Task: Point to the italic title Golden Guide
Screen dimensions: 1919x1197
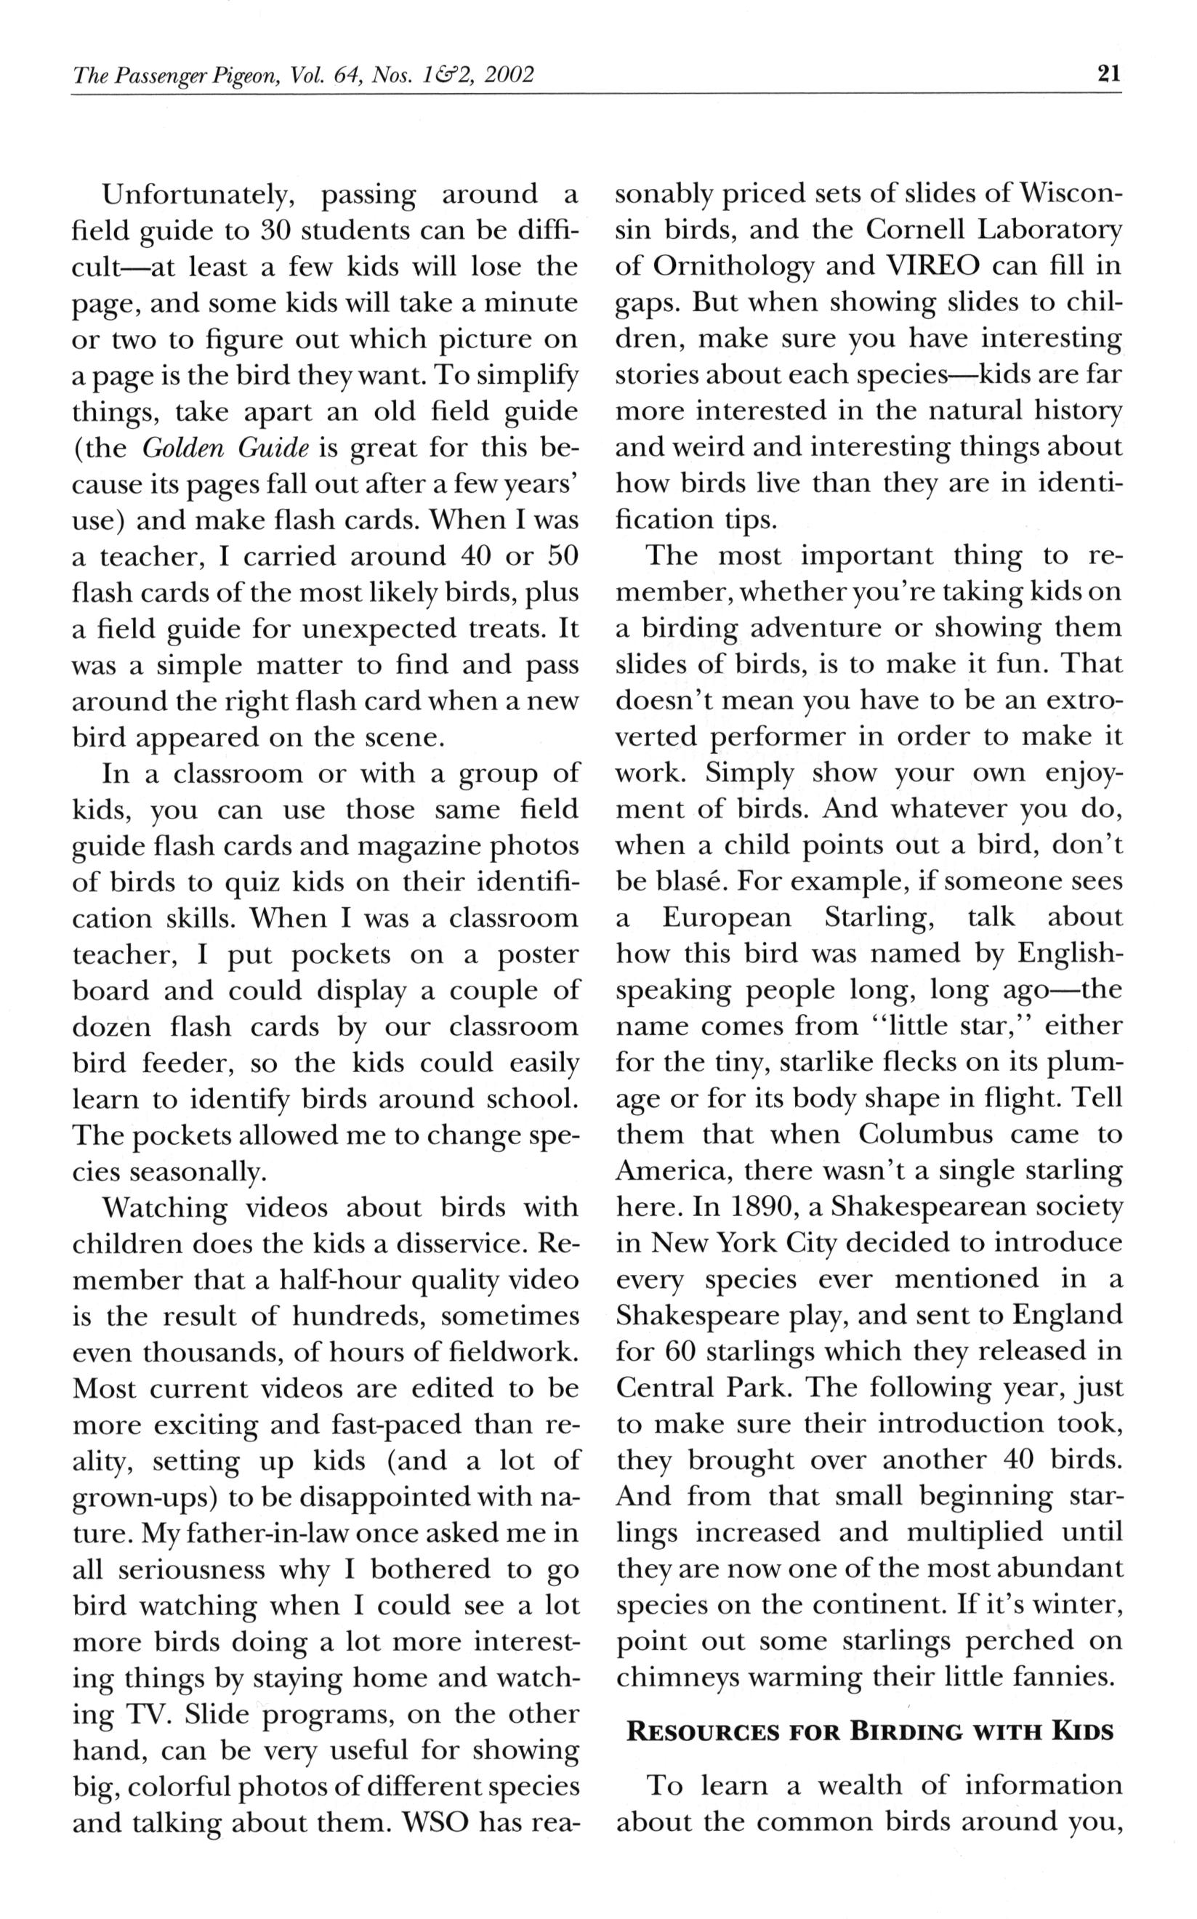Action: tap(225, 448)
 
